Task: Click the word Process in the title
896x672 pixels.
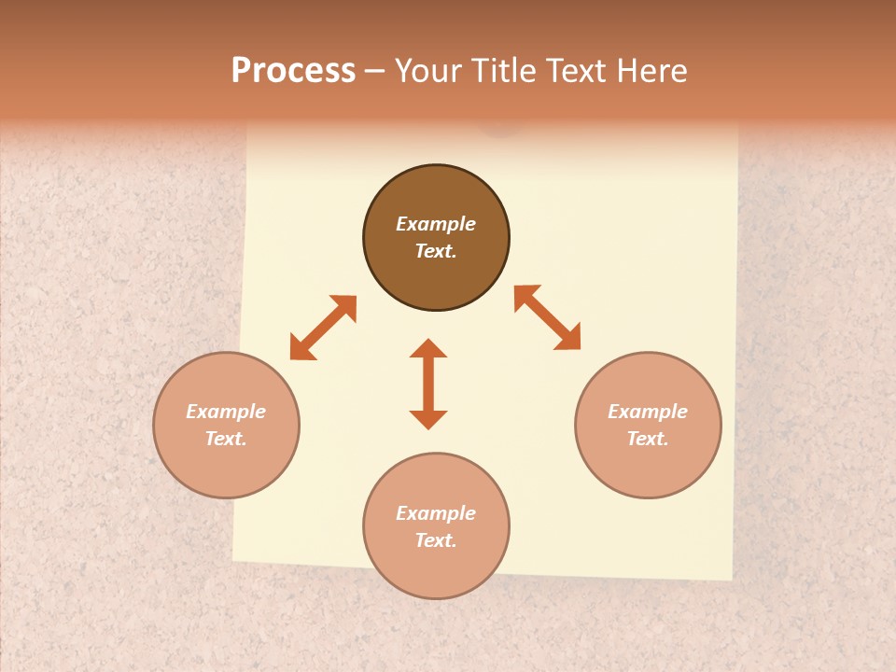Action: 293,71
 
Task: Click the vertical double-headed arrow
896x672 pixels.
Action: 428,384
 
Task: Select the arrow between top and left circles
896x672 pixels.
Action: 323,328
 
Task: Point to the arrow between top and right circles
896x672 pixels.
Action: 548,317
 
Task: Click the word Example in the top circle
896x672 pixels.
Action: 436,224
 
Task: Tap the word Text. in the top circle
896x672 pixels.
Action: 436,251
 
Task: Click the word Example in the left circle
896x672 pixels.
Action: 226,412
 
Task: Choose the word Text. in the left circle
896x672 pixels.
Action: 226,439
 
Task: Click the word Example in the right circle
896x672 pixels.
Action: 648,412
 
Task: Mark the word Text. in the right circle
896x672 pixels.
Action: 648,439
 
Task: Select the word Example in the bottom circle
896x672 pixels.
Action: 436,513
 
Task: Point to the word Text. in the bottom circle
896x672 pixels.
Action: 436,540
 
